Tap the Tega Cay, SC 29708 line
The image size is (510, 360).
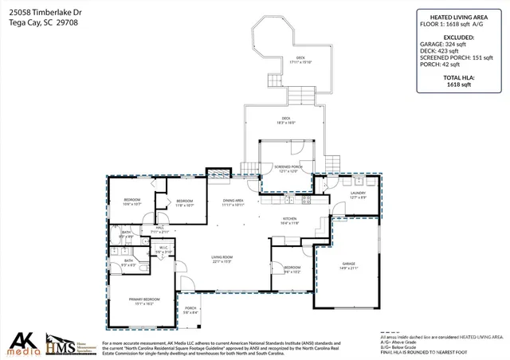tap(35, 23)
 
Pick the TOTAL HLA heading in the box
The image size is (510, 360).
tap(458, 76)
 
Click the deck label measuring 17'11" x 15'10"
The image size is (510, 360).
tap(300, 59)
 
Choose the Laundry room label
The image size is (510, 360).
tap(358, 194)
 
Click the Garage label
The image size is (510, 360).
tap(348, 264)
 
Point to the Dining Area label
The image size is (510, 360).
tap(233, 202)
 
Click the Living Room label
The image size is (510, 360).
tap(222, 258)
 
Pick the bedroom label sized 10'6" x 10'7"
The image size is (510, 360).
tap(131, 202)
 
